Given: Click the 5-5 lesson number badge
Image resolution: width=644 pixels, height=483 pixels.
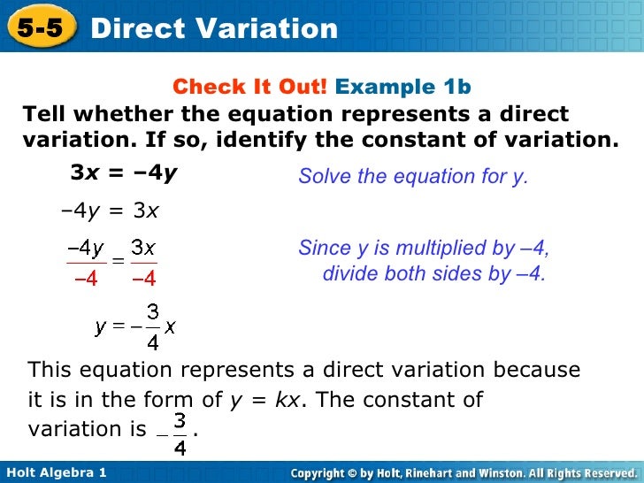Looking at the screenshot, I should [39, 28].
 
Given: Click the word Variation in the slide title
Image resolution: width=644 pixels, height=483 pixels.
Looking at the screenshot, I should [270, 28].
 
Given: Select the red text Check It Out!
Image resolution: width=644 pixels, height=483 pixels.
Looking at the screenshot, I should [249, 87].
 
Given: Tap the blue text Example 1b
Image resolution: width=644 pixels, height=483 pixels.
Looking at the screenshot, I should [403, 87].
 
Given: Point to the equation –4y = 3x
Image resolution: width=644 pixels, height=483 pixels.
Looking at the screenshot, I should [110, 211].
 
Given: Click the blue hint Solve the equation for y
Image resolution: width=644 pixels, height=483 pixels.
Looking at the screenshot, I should [412, 176].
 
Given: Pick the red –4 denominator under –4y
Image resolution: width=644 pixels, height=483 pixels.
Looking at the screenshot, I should [86, 279].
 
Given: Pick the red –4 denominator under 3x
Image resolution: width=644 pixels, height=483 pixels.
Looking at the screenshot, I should [143, 279].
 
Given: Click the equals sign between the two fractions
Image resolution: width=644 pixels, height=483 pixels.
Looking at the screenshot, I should [114, 262].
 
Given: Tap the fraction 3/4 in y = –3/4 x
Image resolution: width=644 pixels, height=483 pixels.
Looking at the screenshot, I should [153, 326].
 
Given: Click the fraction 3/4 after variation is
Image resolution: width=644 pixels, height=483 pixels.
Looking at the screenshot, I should [180, 432].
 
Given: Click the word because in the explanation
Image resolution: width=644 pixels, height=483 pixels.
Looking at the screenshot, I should [536, 370].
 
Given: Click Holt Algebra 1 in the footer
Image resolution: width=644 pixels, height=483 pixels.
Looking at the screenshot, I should [55, 473].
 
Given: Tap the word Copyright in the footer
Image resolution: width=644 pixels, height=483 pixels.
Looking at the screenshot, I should [324, 473].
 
